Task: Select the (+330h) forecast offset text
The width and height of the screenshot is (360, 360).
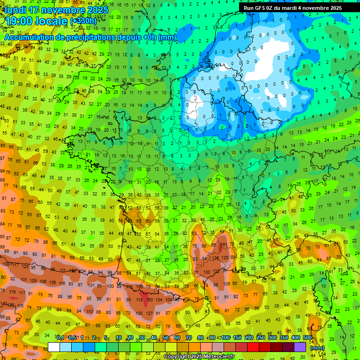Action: [x=83, y=21]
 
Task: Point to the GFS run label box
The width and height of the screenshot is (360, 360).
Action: [x=293, y=7]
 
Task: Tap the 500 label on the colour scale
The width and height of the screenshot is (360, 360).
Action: [x=307, y=338]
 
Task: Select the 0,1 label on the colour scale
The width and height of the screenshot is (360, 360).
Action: [x=60, y=338]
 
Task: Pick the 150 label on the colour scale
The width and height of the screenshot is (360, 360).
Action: [x=237, y=338]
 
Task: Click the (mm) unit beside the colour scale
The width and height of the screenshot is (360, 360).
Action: [x=317, y=348]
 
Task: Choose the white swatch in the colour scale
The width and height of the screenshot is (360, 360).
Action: [x=54, y=347]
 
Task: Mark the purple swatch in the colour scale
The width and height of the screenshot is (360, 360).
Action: [x=300, y=347]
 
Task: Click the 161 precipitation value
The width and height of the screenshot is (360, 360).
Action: [x=224, y=244]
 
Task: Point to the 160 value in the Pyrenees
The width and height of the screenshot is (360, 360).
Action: [x=150, y=300]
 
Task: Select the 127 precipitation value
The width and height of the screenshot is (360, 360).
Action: [x=149, y=313]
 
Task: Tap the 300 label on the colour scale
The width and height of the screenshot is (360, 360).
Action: [x=272, y=338]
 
